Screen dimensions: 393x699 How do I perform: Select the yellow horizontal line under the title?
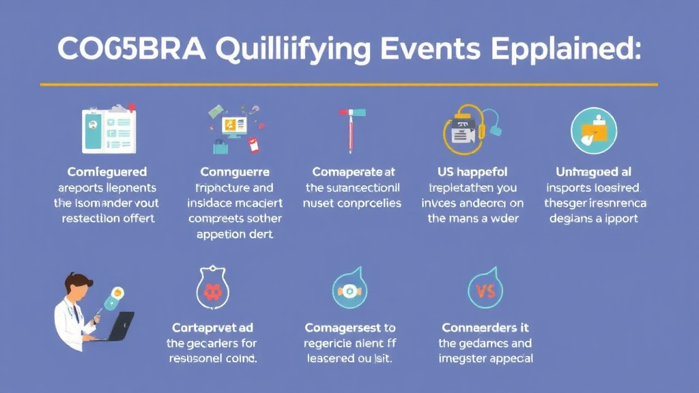point(349,85)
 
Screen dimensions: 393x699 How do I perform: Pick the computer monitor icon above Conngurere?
point(233,128)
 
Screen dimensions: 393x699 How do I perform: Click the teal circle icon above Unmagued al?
point(593,130)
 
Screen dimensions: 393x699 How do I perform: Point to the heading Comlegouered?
point(106,172)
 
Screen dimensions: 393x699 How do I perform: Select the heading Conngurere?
point(235,172)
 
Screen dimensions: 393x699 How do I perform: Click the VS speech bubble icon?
point(485,291)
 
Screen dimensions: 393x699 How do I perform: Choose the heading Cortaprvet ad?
point(212,328)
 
